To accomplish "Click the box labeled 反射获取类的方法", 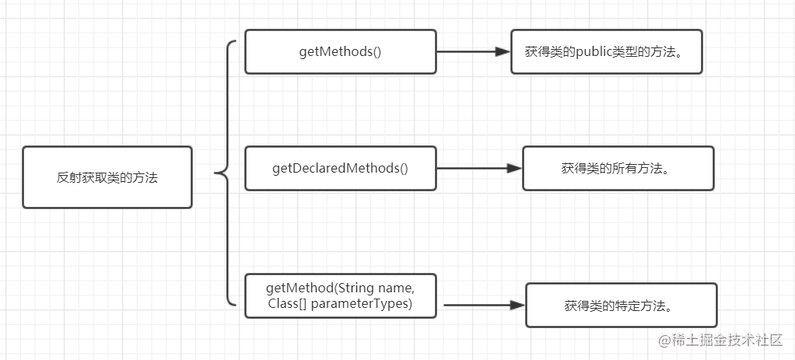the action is click(107, 177).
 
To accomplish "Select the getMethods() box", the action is click(340, 52).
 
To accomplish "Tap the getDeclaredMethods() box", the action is click(340, 169).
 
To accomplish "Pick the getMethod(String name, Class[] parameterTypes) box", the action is click(340, 296).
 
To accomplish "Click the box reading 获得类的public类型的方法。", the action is click(607, 52).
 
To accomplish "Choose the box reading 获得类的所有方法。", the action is click(618, 169).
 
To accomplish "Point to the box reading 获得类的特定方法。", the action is click(621, 305).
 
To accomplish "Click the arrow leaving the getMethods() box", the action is click(473, 51).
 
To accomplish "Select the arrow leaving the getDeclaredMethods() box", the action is click(479, 169).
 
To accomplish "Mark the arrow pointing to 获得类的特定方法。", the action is click(484, 305).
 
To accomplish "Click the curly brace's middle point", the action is click(216, 173).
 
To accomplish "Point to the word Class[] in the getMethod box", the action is click(285, 304).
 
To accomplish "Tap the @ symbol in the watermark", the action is click(664, 341).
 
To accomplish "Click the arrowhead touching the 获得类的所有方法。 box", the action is click(515, 169).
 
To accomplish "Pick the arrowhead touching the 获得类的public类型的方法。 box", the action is click(503, 51).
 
